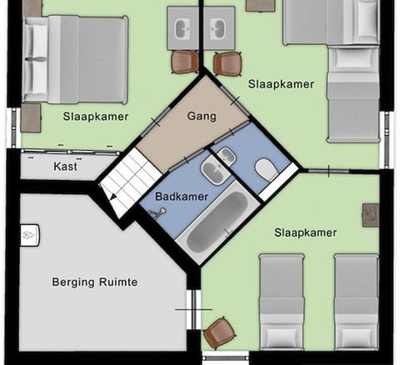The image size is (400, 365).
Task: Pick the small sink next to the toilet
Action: (227, 155)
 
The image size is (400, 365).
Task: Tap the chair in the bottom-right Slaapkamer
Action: (219, 332)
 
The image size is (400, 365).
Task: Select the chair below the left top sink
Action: (185, 62)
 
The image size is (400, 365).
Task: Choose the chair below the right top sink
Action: (227, 63)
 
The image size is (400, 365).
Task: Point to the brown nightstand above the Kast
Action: (31, 117)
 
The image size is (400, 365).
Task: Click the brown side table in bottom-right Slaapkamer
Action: (370, 214)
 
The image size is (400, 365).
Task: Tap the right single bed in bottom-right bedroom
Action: (356, 301)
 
